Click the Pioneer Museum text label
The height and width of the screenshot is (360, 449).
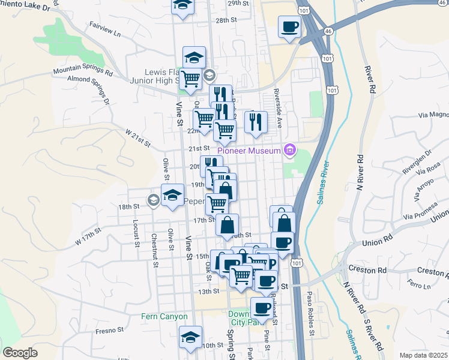[x=249, y=150]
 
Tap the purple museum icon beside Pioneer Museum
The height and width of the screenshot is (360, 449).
[x=290, y=150]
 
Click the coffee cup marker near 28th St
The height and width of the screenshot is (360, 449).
[x=290, y=27]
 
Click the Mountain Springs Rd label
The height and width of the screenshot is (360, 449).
[x=82, y=71]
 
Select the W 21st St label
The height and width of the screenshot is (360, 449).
[x=137, y=137]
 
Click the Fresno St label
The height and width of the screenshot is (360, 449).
[x=109, y=329]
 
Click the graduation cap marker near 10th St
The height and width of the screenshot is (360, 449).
[x=190, y=337]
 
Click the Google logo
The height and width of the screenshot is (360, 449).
[x=20, y=353]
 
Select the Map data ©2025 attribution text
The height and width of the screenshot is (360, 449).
[x=423, y=355]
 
